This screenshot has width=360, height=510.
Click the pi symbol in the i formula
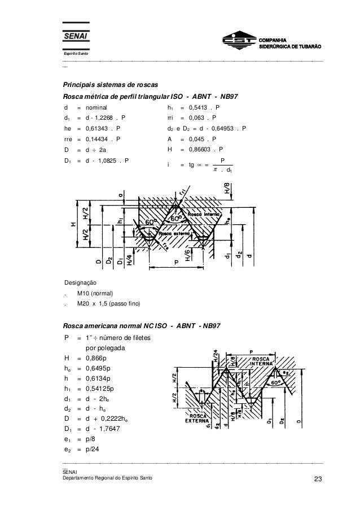tap(208, 169)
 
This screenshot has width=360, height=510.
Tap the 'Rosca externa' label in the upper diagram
tap(173, 233)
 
